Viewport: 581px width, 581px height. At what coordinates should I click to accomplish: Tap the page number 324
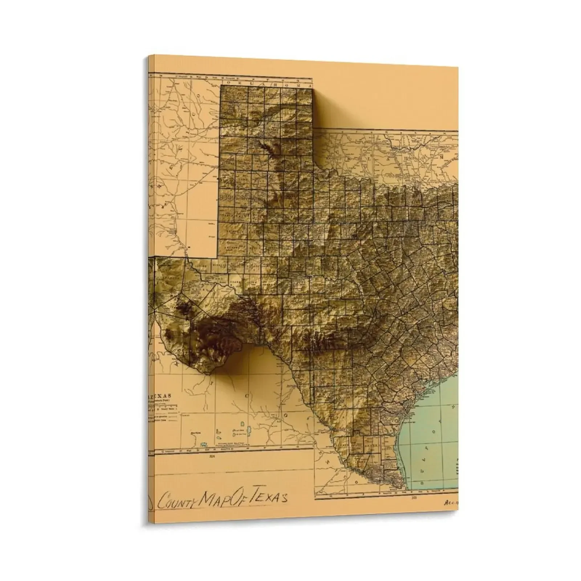tap(212, 456)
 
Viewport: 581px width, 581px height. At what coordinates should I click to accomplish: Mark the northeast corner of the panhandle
tap(312, 88)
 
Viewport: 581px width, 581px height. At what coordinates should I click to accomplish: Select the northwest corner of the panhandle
tap(222, 88)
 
